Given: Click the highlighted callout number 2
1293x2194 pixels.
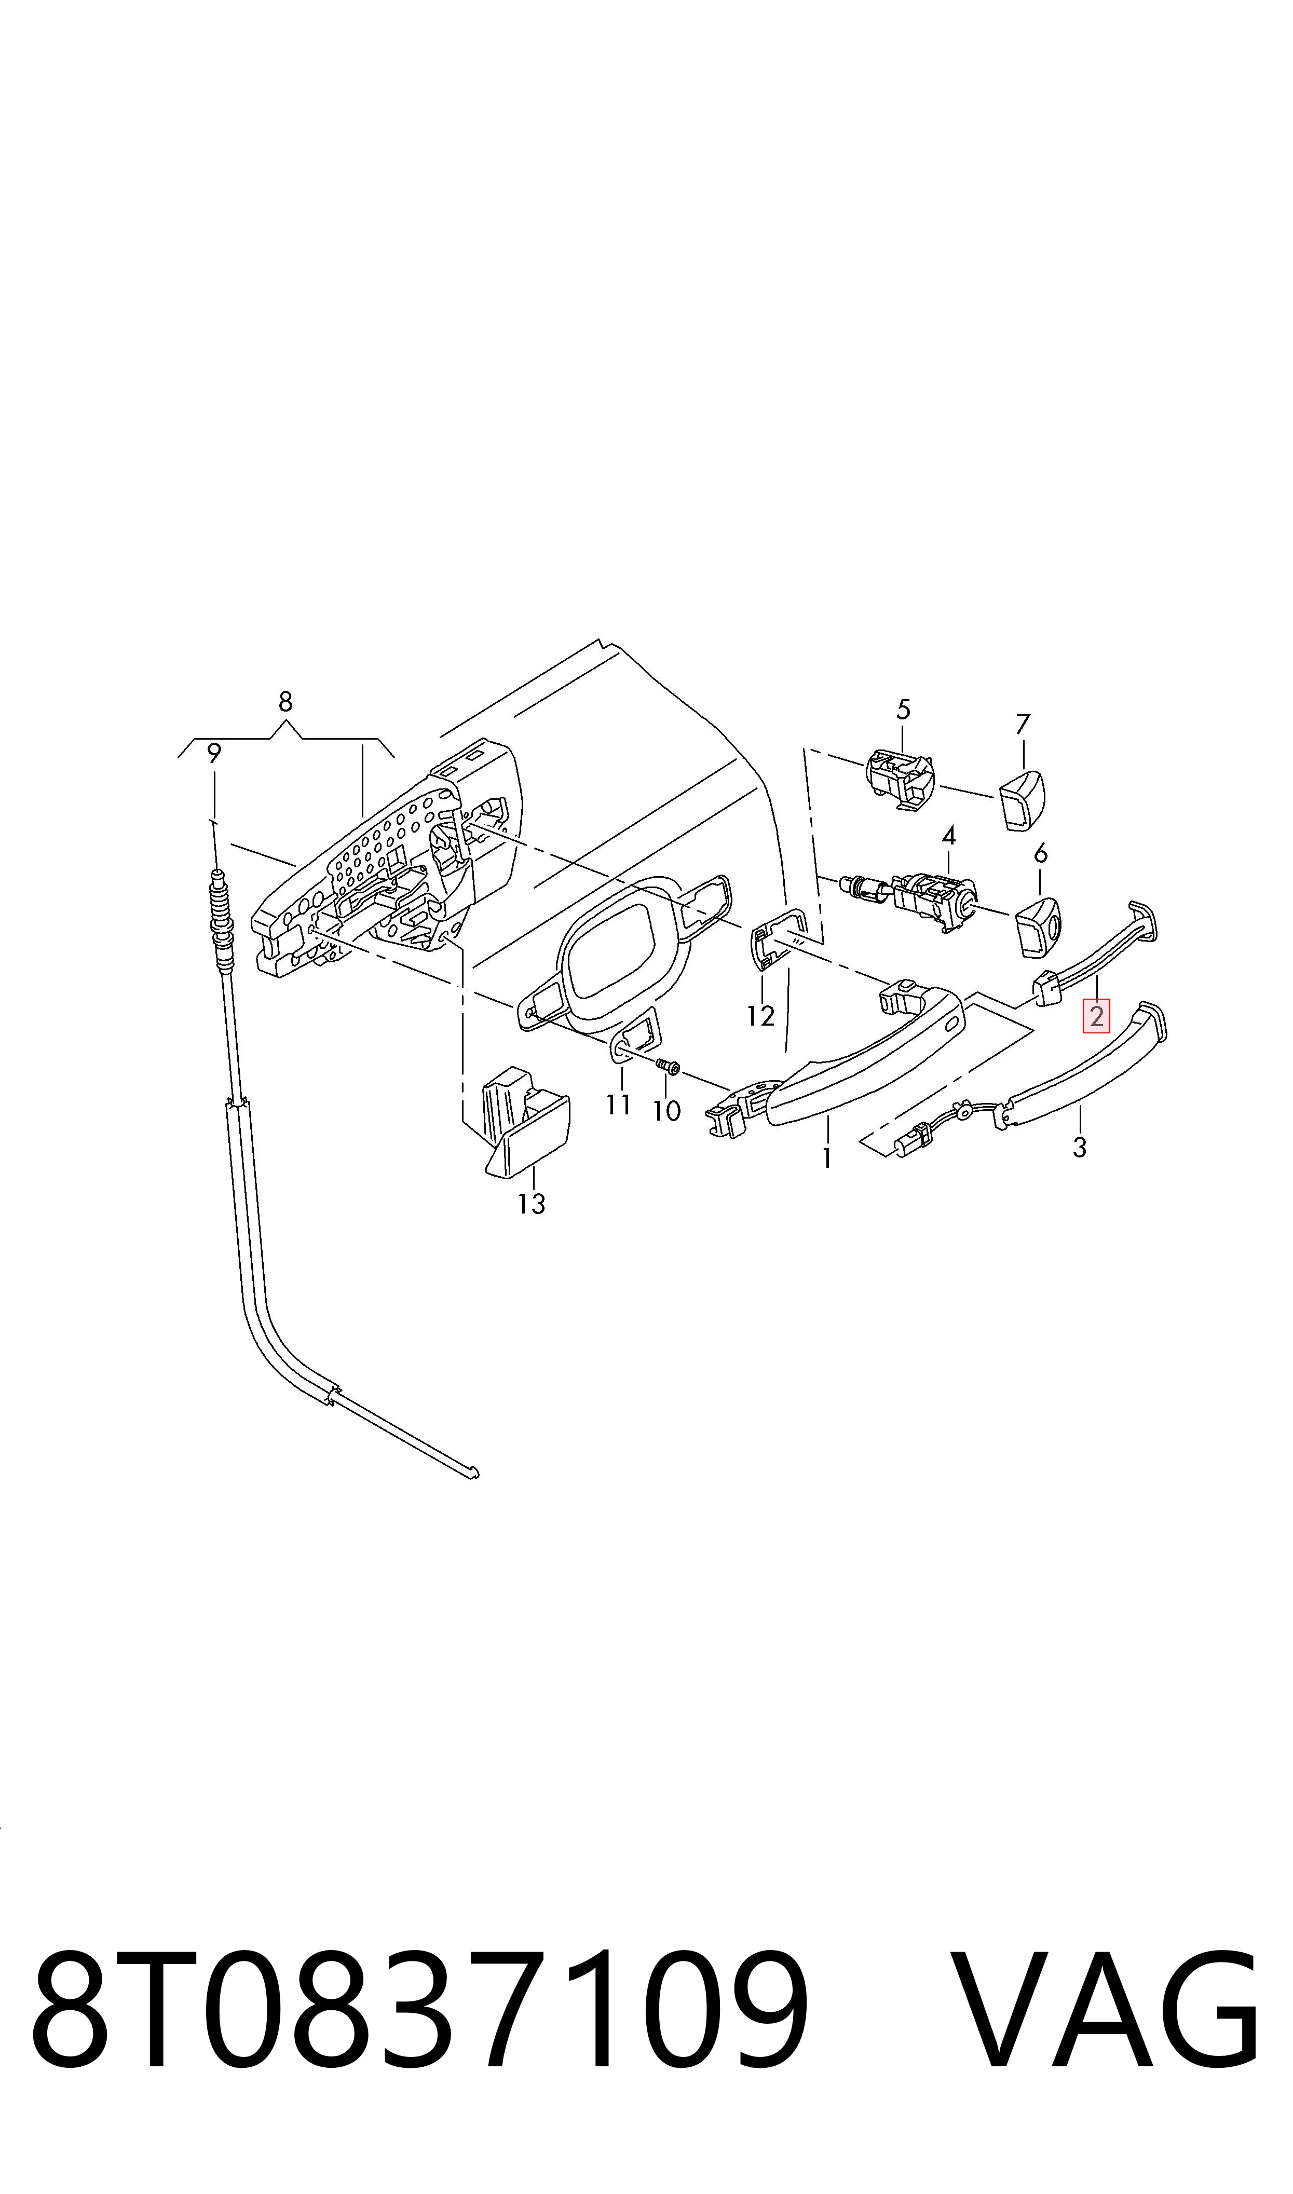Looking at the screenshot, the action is pyautogui.click(x=1096, y=1016).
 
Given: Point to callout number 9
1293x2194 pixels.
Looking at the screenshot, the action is pyautogui.click(x=214, y=754).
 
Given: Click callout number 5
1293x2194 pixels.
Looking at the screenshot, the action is pyautogui.click(x=904, y=710).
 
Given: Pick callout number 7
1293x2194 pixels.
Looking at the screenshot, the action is pyautogui.click(x=1023, y=725).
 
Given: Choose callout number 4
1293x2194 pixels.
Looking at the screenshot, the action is pyautogui.click(x=949, y=836).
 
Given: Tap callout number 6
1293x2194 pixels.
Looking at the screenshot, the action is pyautogui.click(x=1040, y=854).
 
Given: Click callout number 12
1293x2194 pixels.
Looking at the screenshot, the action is pyautogui.click(x=760, y=1016).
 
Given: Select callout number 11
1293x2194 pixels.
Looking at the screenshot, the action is pyautogui.click(x=619, y=1105).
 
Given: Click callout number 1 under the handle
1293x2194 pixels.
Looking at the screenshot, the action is pyautogui.click(x=826, y=1159).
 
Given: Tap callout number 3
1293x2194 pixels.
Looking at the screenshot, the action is pyautogui.click(x=1080, y=1148).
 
